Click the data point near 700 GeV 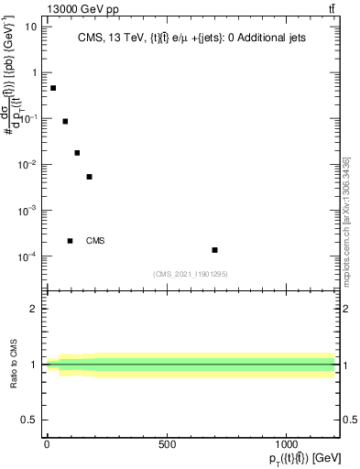tap(214, 250)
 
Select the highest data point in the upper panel tap(53, 88)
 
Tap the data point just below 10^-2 tap(89, 177)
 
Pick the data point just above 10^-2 tap(77, 153)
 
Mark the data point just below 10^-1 tap(65, 121)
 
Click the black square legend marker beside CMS tap(70, 241)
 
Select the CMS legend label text tap(95, 241)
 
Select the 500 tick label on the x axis tap(167, 444)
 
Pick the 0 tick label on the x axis tap(47, 444)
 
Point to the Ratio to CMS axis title tap(14, 365)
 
